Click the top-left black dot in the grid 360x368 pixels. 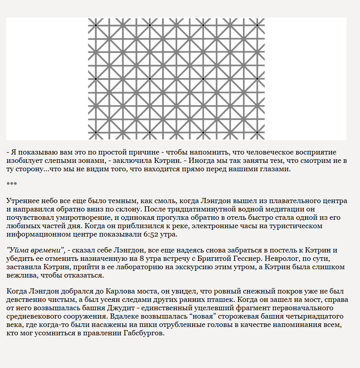pyautogui.click(x=96, y=25)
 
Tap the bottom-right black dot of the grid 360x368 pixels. pyautogui.click(x=257, y=132)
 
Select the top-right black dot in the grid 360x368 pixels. pyautogui.click(x=257, y=25)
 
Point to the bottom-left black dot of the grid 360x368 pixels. pyautogui.click(x=96, y=132)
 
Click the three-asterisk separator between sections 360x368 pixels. pyautogui.click(x=11, y=184)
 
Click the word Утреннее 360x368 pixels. pyautogui.click(x=22, y=201)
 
